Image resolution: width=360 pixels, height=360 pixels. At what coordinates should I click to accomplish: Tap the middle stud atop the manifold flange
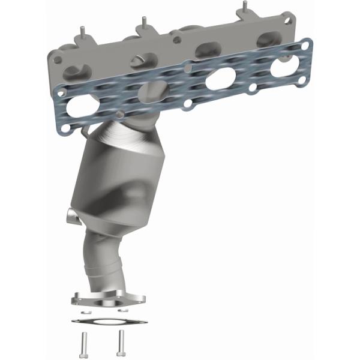click(144, 22)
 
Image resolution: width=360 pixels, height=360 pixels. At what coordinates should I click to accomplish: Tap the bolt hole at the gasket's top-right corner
click(305, 45)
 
